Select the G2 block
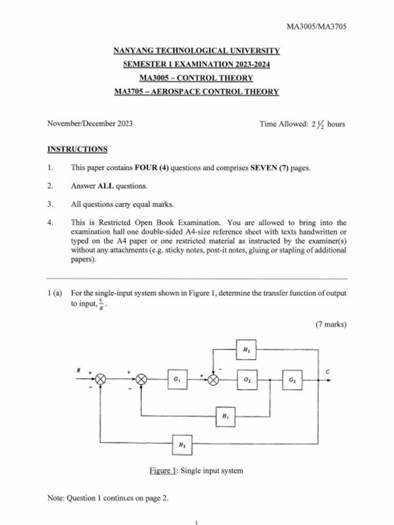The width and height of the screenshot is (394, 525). click(x=247, y=380)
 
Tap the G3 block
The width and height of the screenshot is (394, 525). click(x=292, y=380)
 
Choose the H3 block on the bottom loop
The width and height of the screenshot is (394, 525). click(x=182, y=445)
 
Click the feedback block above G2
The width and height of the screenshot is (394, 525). click(x=246, y=351)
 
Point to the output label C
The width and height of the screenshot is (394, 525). click(x=327, y=371)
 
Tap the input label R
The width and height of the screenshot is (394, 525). click(x=79, y=369)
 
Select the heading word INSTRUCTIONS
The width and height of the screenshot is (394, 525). click(x=77, y=149)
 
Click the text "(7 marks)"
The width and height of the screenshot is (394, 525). click(x=331, y=324)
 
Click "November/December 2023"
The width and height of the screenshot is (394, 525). click(x=90, y=124)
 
